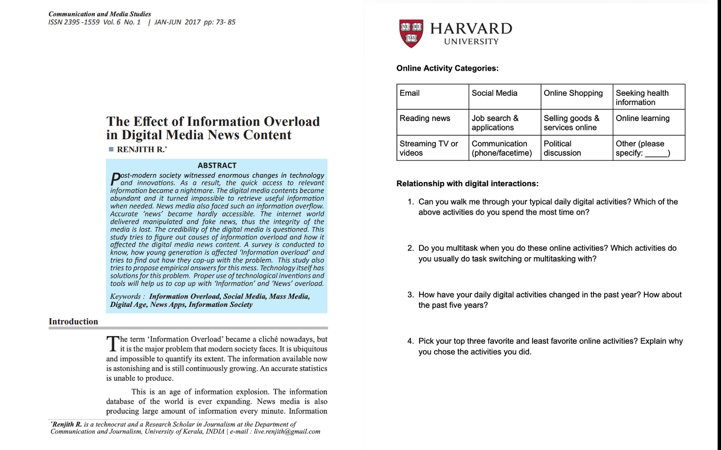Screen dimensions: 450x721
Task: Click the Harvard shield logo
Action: (411, 33)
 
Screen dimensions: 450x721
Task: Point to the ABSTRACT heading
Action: (217, 165)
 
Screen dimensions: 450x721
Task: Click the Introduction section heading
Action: (73, 321)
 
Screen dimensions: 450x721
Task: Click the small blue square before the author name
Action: (111, 149)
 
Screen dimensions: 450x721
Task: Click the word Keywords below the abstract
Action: (125, 296)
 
